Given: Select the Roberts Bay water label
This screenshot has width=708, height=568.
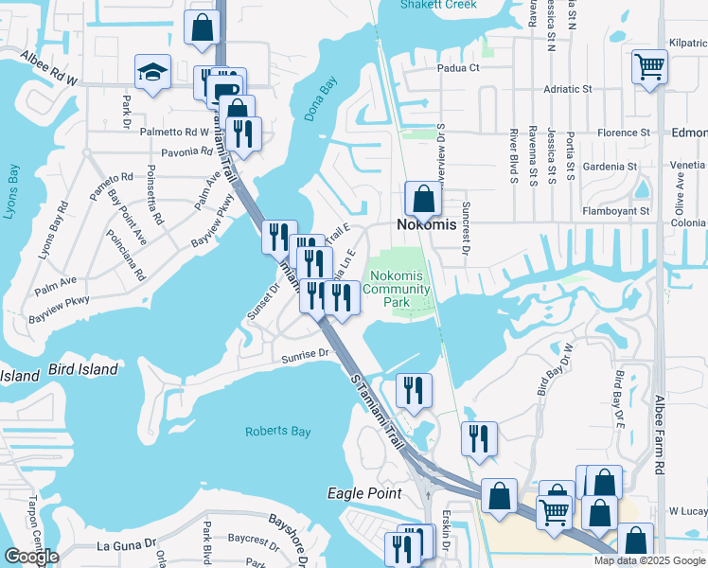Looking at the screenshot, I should click(277, 432).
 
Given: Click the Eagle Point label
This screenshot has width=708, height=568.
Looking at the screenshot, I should click(364, 493).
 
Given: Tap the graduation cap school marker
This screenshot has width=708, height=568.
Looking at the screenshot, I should click(151, 73).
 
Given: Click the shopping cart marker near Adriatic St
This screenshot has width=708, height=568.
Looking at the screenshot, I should click(650, 66).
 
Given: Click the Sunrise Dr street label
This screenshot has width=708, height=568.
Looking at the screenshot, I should click(304, 355).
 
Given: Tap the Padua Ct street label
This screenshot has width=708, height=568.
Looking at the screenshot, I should click(458, 67).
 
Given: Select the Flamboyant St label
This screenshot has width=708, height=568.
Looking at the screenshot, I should click(616, 211).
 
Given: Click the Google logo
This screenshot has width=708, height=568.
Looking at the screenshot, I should click(31, 557).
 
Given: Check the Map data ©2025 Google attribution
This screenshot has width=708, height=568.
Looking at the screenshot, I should click(650, 560).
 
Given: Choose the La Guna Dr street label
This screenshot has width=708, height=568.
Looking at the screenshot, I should click(127, 544).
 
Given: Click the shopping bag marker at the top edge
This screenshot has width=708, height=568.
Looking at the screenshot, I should click(204, 27).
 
